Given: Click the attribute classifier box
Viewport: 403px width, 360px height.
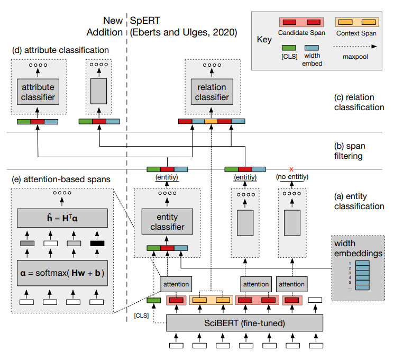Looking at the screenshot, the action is [38, 92].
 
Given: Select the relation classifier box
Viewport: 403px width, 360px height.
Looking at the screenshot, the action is [212, 92].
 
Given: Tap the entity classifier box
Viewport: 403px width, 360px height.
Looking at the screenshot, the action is [167, 221].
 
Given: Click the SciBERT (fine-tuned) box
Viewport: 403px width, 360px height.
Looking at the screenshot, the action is [244, 323].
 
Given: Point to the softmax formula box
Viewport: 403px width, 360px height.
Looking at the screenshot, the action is [62, 273].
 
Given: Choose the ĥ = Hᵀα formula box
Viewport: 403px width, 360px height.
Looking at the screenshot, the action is [62, 218].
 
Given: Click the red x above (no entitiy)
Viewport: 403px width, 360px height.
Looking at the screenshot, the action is [291, 169].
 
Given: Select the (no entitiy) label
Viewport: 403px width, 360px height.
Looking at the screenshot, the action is [292, 177].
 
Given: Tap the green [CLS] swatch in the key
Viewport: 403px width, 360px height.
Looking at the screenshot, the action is [289, 48].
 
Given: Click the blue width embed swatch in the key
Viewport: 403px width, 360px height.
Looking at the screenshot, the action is [312, 48].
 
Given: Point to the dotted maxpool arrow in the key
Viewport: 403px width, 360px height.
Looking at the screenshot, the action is [355, 47].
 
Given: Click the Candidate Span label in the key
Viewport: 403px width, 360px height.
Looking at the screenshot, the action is [301, 33].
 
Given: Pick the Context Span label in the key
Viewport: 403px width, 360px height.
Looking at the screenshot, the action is [356, 33].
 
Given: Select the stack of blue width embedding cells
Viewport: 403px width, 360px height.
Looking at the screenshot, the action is [362, 275].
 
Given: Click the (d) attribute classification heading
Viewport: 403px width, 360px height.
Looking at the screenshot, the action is [60, 50].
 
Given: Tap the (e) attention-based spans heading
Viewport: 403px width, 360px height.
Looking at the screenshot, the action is [61, 179].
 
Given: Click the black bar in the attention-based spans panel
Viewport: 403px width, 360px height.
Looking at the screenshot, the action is [97, 244].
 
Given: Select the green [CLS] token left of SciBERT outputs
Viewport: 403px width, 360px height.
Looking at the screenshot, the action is [154, 300].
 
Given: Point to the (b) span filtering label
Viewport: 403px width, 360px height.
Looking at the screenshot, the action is [350, 151].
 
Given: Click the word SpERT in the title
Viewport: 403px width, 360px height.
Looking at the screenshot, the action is [145, 21].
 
